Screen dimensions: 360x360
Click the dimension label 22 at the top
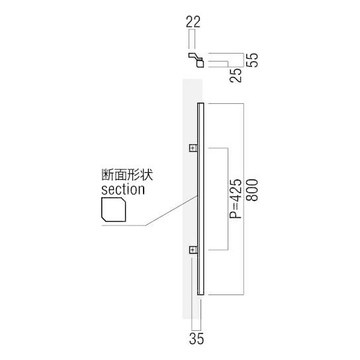[193, 21]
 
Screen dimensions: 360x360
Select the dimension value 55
[252, 60]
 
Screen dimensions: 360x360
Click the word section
[122, 189]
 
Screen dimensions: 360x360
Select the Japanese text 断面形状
[122, 176]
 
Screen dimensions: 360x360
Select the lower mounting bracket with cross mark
[193, 249]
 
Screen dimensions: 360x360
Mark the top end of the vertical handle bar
[201, 105]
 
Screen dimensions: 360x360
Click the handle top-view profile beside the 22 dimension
[197, 61]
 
